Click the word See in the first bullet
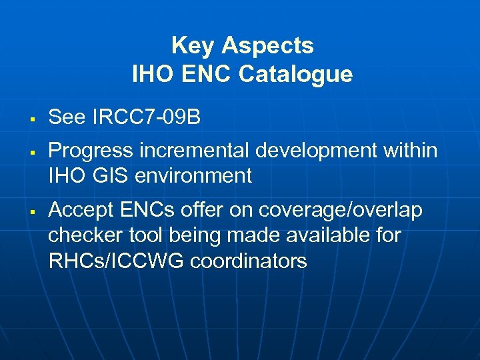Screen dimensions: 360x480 tap(67, 117)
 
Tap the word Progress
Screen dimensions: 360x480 tap(89, 151)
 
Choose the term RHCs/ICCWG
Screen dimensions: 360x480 tap(117, 261)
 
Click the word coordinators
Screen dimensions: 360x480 tap(249, 261)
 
